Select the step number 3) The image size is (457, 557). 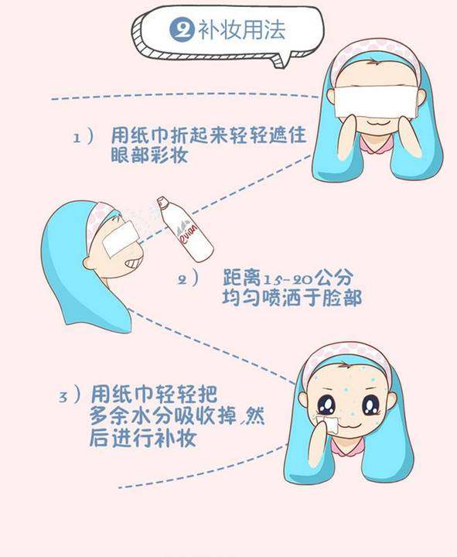[70, 396]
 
